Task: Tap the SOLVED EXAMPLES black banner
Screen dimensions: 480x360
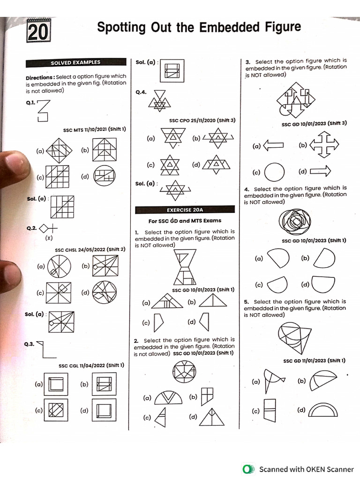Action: [75, 62]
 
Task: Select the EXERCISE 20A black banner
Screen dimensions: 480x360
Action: [184, 210]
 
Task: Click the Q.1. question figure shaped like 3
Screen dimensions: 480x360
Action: [43, 111]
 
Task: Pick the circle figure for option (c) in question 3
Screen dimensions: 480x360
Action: [275, 172]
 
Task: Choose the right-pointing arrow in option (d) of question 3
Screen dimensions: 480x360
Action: [321, 171]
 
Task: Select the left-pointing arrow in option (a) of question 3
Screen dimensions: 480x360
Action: [274, 146]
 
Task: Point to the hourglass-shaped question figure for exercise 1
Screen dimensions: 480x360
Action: [186, 267]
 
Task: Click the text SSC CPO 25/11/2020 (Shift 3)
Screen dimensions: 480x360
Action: [202, 120]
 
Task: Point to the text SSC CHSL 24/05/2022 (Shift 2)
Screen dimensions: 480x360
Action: [90, 249]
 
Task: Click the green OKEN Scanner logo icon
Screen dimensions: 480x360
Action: [247, 469]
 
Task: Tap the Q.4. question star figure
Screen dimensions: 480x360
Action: [159, 99]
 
